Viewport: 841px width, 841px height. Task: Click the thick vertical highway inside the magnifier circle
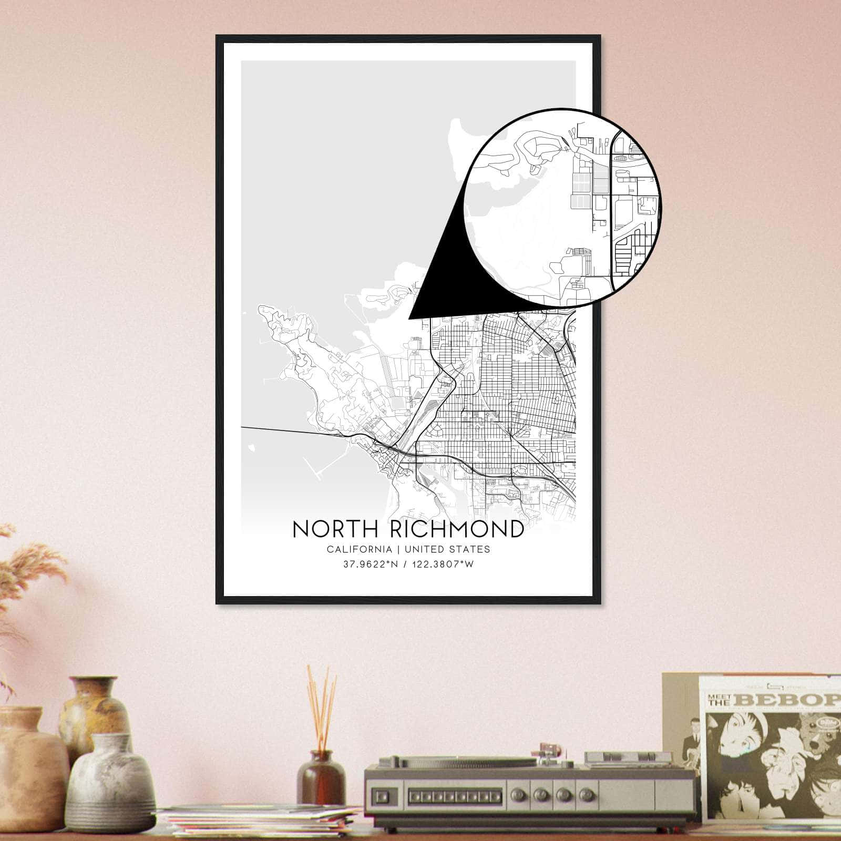tap(613, 210)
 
